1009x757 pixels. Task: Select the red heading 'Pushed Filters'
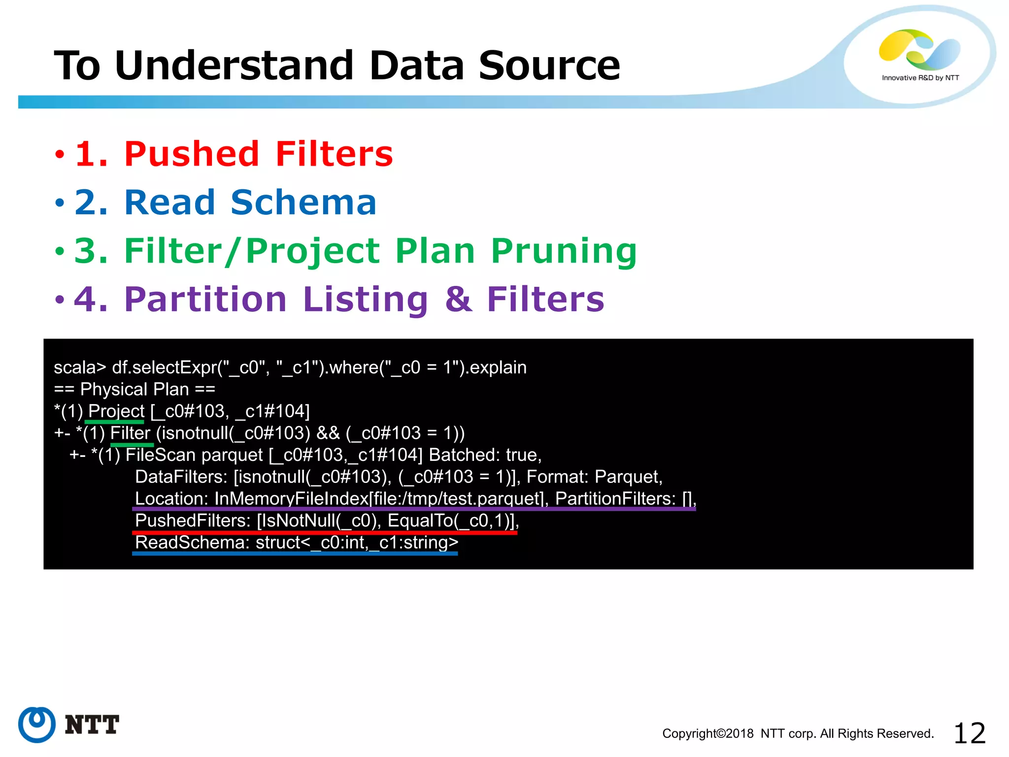[259, 154]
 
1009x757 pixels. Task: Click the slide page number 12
[969, 733]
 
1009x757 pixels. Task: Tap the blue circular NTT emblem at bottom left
[36, 724]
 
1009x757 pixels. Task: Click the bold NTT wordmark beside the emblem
[92, 724]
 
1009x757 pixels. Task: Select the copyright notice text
[798, 733]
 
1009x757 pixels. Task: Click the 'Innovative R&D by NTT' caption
[920, 78]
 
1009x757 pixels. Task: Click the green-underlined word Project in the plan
[116, 411]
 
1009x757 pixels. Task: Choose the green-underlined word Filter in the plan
[130, 433]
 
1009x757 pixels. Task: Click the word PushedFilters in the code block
[193, 520]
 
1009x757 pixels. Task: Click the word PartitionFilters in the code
[615, 499]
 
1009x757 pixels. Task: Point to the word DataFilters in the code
[181, 477]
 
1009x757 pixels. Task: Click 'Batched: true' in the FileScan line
[485, 455]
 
